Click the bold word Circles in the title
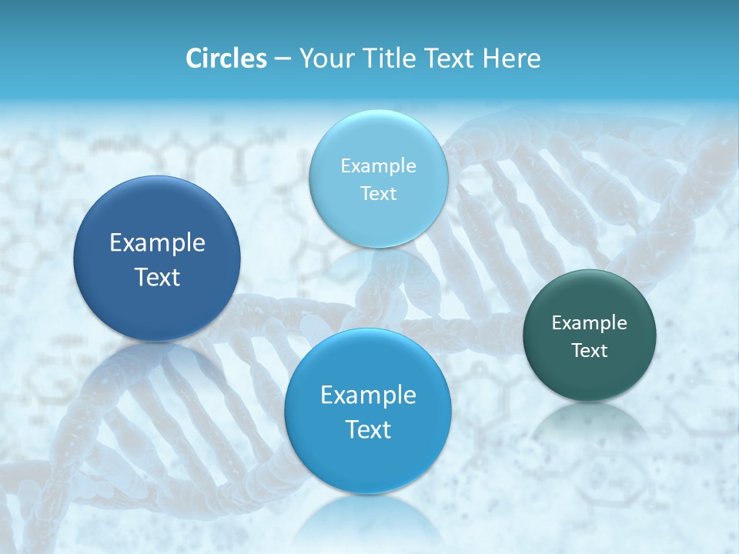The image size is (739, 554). pos(226,58)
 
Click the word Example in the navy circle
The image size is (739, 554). pos(157,243)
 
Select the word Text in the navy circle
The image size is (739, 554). pos(157,277)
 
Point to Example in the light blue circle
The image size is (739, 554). pos(378,166)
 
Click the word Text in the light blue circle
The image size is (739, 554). pos(378,193)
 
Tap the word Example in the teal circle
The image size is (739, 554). pos(590,323)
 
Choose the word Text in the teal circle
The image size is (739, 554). pos(590,351)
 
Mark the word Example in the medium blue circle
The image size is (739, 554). pos(368,395)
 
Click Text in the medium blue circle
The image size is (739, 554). pos(368,429)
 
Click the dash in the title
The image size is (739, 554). pos(283,58)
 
